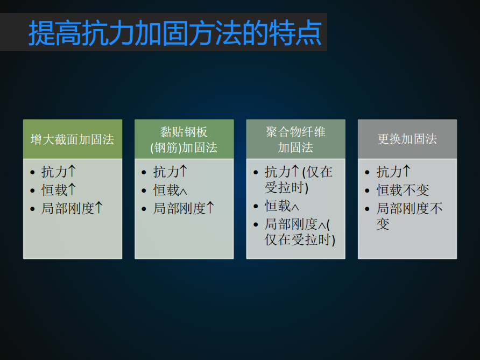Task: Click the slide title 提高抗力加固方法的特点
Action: [175, 33]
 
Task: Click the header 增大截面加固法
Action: [72, 139]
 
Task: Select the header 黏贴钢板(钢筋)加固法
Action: [184, 139]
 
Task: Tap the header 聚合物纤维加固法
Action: [295, 139]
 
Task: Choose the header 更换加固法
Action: [407, 139]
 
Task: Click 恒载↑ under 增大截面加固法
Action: [59, 190]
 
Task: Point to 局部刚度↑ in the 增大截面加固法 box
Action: [72, 208]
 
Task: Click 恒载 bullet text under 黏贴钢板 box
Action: [170, 190]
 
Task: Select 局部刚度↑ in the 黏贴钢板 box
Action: [183, 208]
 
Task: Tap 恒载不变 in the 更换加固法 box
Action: [403, 190]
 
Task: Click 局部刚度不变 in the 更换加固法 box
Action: [410, 216]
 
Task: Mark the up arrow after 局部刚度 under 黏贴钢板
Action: [210, 208]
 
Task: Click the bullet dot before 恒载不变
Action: [368, 190]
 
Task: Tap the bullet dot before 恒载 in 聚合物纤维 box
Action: [256, 206]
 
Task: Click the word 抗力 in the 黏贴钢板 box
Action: [166, 172]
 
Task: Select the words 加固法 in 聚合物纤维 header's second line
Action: [295, 147]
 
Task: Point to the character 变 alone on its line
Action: [383, 224]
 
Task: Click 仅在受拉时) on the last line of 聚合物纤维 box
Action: [300, 239]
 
